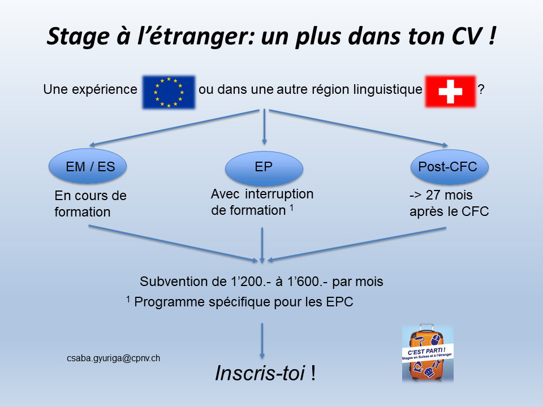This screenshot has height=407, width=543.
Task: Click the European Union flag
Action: pyautogui.click(x=169, y=92)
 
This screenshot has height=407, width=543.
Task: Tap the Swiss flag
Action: pyautogui.click(x=450, y=92)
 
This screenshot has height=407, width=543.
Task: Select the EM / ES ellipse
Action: pyautogui.click(x=88, y=166)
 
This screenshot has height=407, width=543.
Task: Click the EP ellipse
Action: pyautogui.click(x=264, y=168)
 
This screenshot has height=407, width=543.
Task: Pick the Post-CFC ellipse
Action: pyautogui.click(x=450, y=167)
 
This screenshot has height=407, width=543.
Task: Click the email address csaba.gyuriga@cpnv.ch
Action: pyautogui.click(x=114, y=358)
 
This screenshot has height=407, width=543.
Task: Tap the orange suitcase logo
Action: pyautogui.click(x=428, y=353)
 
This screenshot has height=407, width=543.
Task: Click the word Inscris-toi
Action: pyautogui.click(x=260, y=373)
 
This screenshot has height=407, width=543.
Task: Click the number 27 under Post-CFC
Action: pyautogui.click(x=433, y=195)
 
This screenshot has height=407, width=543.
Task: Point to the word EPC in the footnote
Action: pyautogui.click(x=339, y=302)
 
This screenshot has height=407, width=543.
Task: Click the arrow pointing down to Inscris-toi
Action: pyautogui.click(x=262, y=341)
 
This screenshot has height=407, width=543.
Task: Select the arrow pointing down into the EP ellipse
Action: pyautogui.click(x=264, y=127)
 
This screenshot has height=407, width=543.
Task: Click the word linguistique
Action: pyautogui.click(x=388, y=90)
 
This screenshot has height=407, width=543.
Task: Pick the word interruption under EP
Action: pyautogui.click(x=279, y=194)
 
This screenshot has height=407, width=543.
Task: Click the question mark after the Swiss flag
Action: pyautogui.click(x=481, y=89)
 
